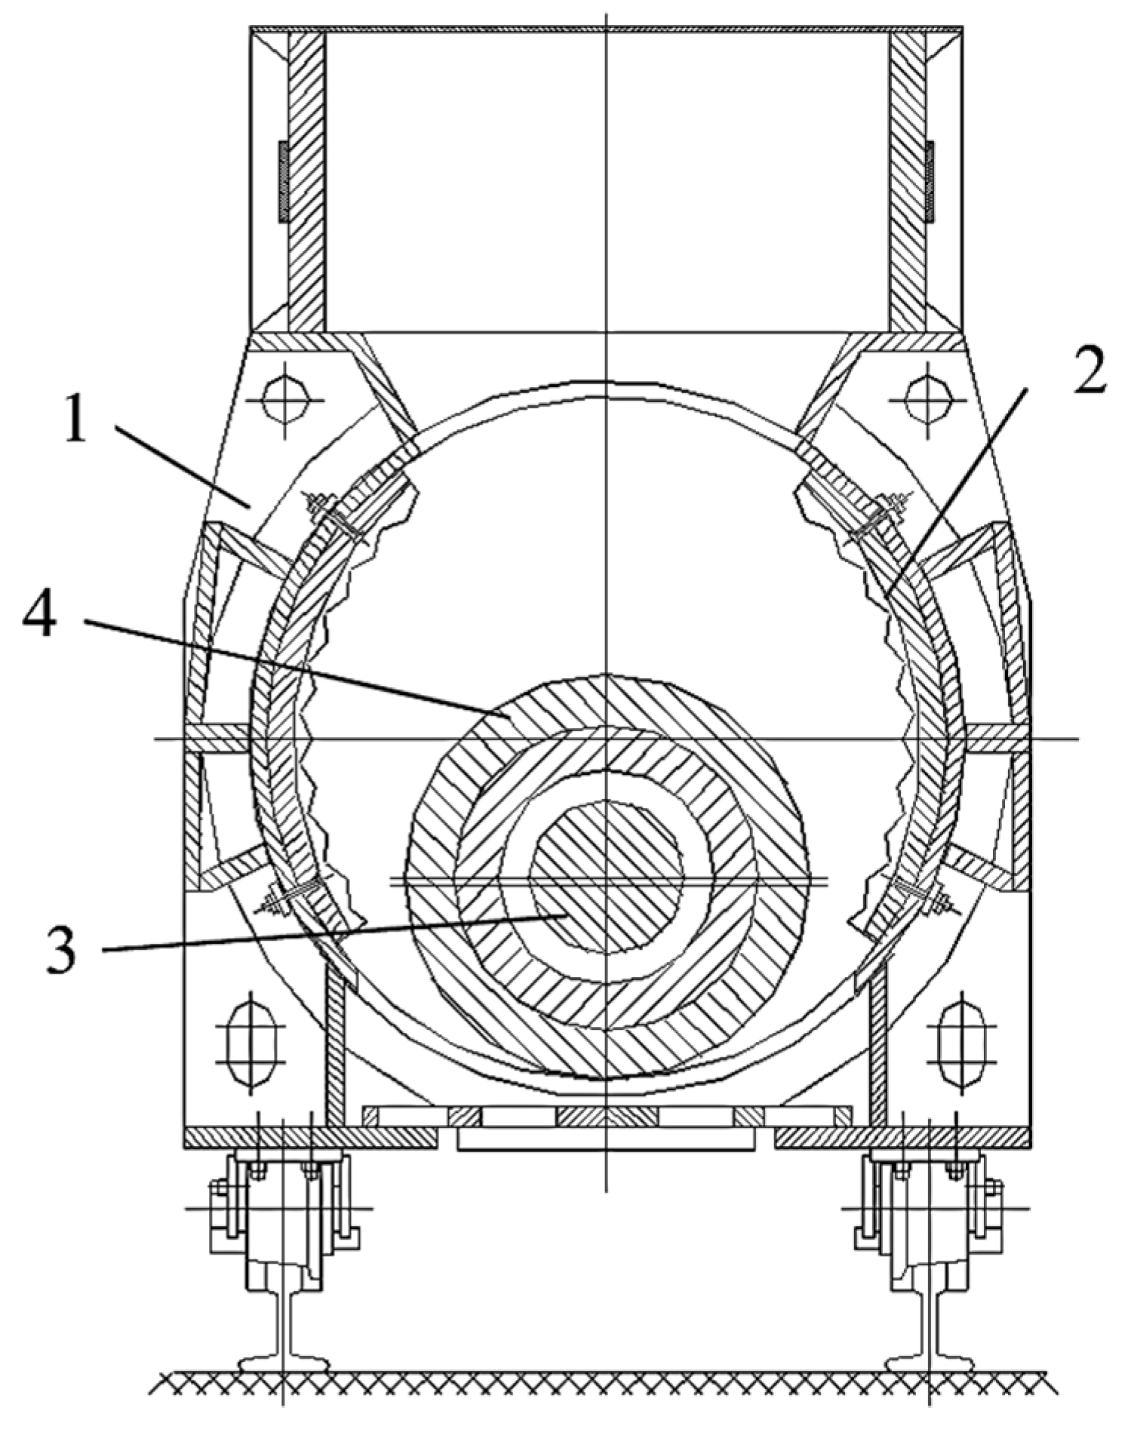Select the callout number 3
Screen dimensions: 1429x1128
click(59, 949)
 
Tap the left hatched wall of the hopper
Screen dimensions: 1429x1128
click(306, 181)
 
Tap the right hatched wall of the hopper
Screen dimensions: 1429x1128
click(906, 181)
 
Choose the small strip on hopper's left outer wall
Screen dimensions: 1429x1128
click(284, 181)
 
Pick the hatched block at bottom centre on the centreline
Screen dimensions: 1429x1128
click(607, 1116)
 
